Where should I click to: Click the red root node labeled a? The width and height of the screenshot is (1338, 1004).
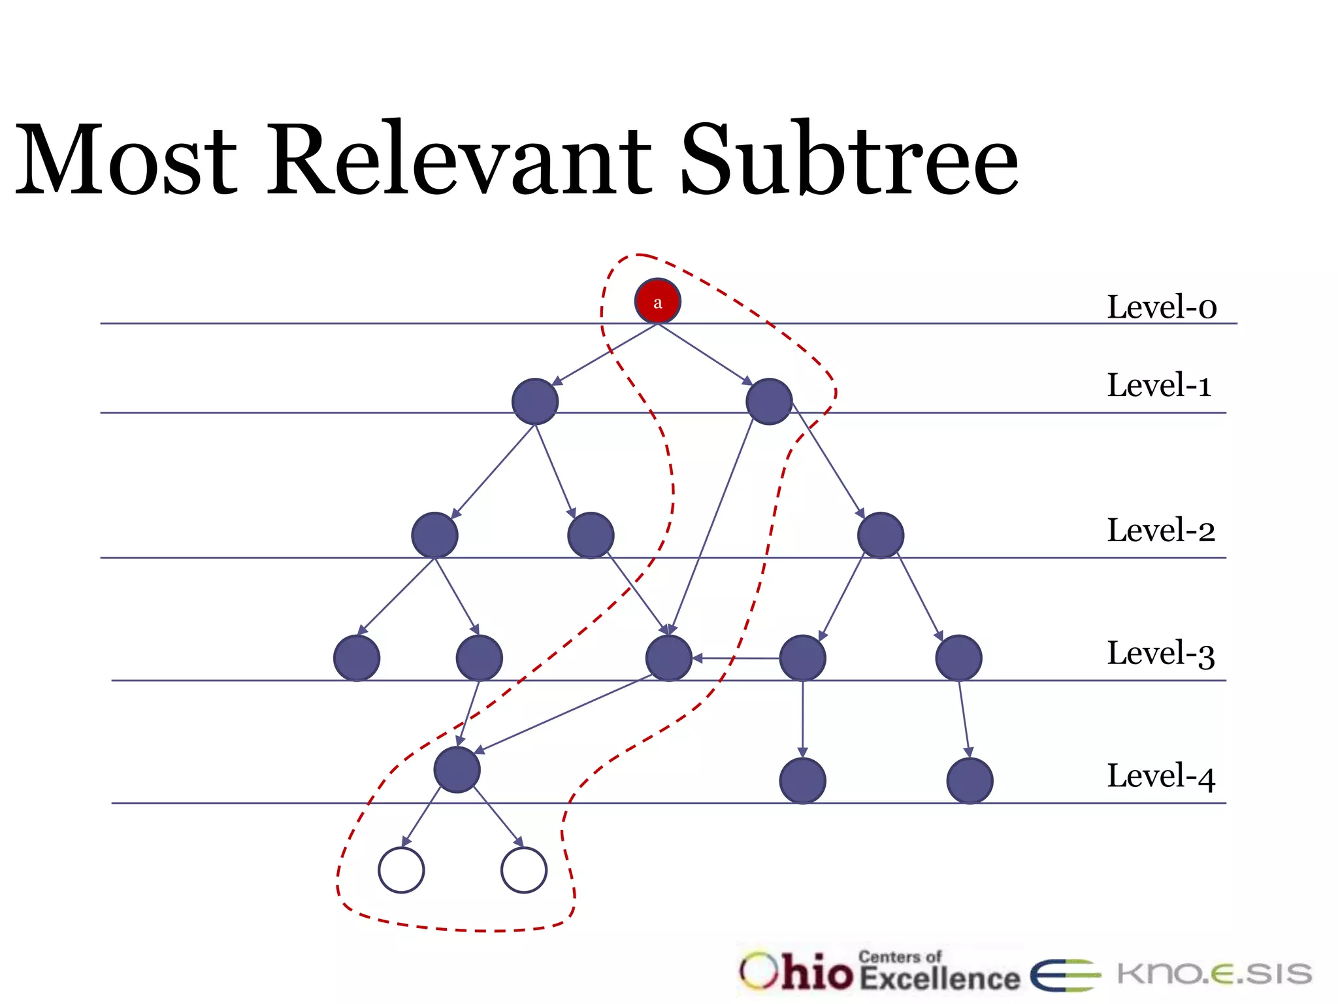pyautogui.click(x=657, y=301)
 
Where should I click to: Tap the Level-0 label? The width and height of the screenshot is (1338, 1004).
pyautogui.click(x=1161, y=307)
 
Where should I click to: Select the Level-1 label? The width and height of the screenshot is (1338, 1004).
pyautogui.click(x=1158, y=385)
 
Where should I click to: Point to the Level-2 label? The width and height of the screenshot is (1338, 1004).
pyautogui.click(x=1160, y=530)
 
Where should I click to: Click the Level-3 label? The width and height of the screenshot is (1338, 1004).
pyautogui.click(x=1160, y=653)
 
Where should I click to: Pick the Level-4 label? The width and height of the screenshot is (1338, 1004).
pyautogui.click(x=1160, y=776)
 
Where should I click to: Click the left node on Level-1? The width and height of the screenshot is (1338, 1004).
pyautogui.click(x=534, y=401)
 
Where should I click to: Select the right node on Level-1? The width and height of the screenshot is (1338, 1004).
pyautogui.click(x=769, y=401)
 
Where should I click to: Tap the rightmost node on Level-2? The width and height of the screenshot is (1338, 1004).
pyautogui.click(x=880, y=535)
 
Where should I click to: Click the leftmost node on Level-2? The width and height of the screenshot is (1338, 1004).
pyautogui.click(x=434, y=535)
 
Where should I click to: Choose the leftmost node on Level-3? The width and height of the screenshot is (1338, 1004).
pyautogui.click(x=357, y=658)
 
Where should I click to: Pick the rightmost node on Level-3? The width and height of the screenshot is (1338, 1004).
pyautogui.click(x=958, y=658)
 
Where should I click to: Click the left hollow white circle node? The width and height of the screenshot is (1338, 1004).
pyautogui.click(x=401, y=870)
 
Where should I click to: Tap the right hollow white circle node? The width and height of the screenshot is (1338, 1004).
pyautogui.click(x=523, y=870)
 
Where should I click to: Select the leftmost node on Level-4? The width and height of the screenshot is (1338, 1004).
pyautogui.click(x=457, y=769)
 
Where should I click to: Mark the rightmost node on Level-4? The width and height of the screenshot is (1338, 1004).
pyautogui.click(x=970, y=780)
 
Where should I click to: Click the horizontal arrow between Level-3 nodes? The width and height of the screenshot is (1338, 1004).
pyautogui.click(x=736, y=658)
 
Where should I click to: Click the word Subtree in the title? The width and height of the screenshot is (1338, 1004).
pyautogui.click(x=849, y=160)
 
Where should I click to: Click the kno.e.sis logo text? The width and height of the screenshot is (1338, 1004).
pyautogui.click(x=1214, y=974)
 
